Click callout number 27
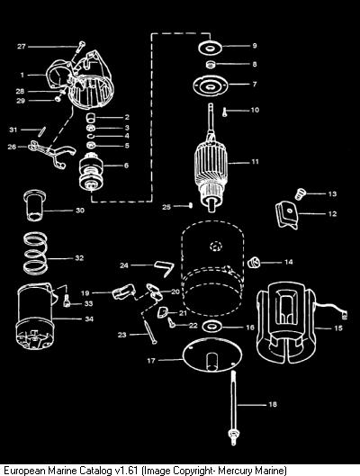[22, 47]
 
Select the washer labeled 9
[210, 48]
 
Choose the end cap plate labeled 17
[212, 355]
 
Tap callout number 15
[338, 328]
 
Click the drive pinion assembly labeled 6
[91, 173]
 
